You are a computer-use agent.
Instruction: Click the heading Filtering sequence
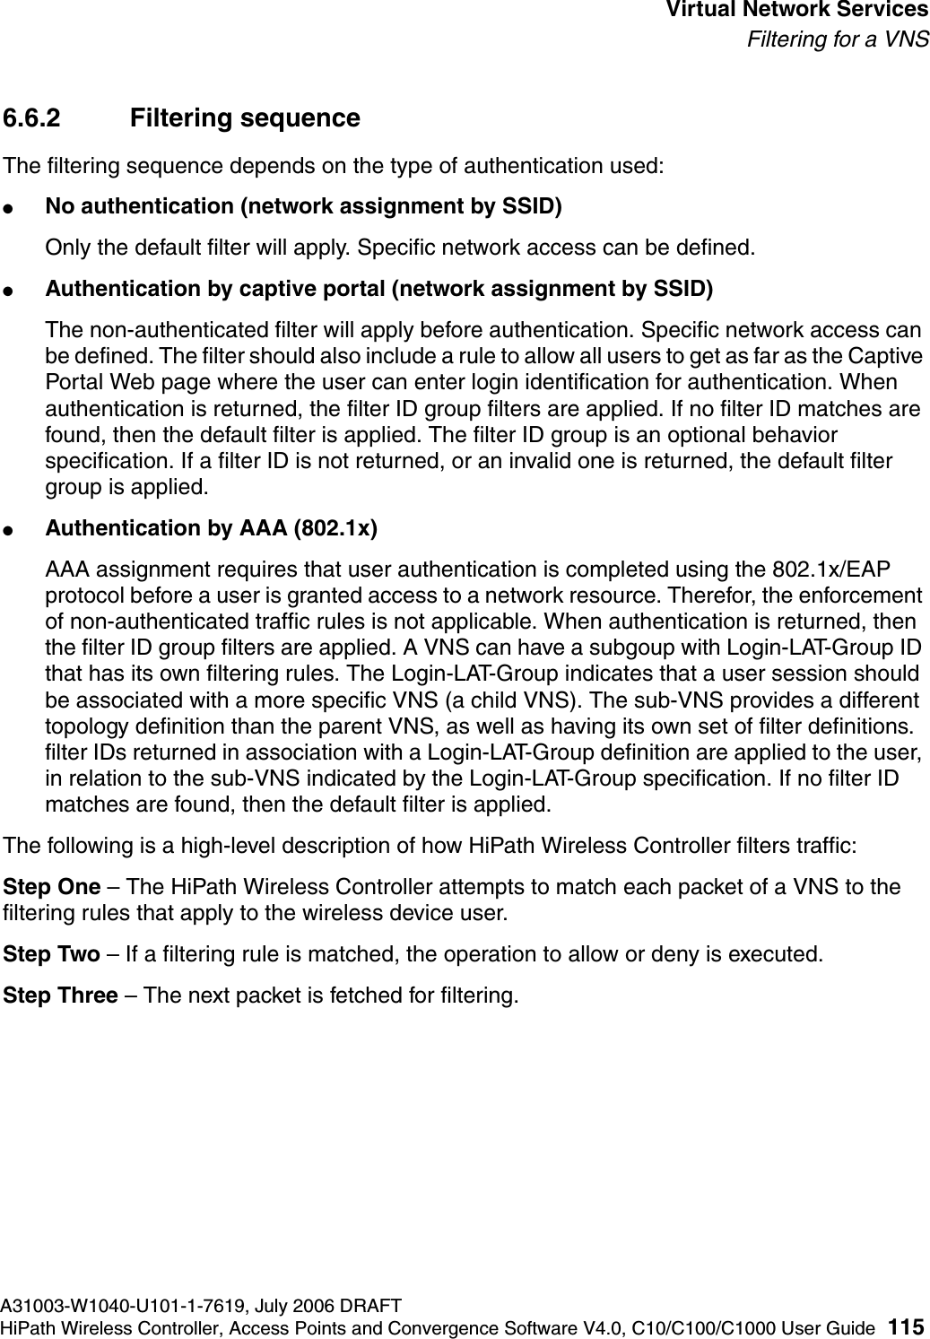[x=245, y=118]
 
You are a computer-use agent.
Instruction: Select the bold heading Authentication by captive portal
[x=379, y=289]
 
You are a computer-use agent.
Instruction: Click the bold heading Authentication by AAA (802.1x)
[x=211, y=528]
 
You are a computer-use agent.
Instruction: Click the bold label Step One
[x=52, y=887]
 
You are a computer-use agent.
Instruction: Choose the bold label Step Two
[x=52, y=952]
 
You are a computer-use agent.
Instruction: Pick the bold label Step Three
[x=60, y=996]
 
